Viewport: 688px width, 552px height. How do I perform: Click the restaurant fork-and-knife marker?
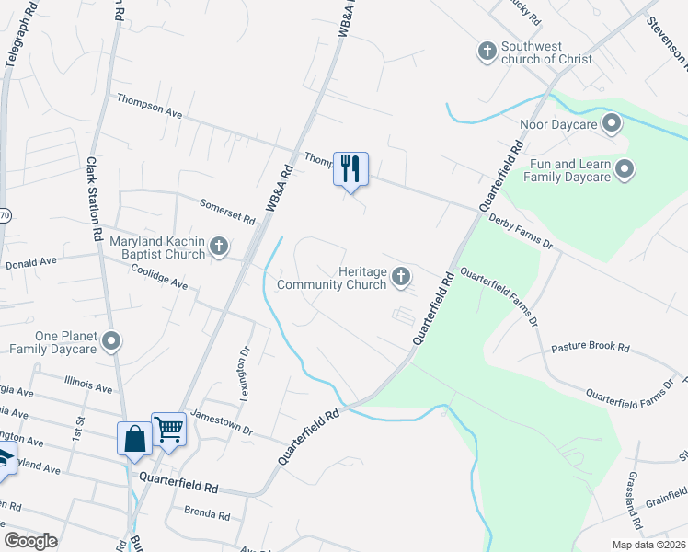pos(350,169)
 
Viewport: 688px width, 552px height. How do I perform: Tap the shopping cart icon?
pos(169,429)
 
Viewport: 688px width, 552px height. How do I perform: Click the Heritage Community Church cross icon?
pos(401,275)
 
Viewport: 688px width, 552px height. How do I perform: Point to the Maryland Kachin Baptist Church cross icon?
pos(219,246)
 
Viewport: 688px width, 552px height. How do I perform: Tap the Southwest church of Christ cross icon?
pos(487,51)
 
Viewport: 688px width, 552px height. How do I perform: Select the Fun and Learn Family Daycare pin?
pos(625,168)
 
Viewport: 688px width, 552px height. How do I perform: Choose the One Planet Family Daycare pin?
pos(111,342)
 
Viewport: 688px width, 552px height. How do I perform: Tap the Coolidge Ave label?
pos(159,279)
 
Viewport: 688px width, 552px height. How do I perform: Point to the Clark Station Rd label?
pos(94,198)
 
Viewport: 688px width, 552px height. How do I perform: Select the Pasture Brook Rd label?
pos(590,349)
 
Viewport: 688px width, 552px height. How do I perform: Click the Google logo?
pos(31,541)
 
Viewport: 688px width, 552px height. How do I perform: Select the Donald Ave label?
pos(30,261)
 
